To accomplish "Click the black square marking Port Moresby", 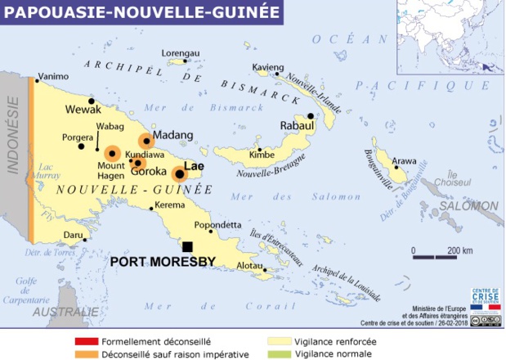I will (187, 247).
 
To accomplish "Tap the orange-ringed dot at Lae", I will (179, 173).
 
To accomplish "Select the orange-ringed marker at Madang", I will (146, 141).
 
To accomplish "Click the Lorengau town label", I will (181, 52).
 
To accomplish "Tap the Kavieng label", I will (268, 66).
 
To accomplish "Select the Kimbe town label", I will (262, 155).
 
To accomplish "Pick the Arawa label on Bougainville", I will (404, 160).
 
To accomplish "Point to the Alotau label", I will (249, 266).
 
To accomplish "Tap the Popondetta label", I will (217, 225).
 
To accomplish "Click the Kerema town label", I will (170, 205).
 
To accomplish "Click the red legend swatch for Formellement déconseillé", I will (83, 340).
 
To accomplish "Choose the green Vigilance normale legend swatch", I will (279, 354).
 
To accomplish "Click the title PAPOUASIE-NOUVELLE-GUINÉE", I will (139, 12).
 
